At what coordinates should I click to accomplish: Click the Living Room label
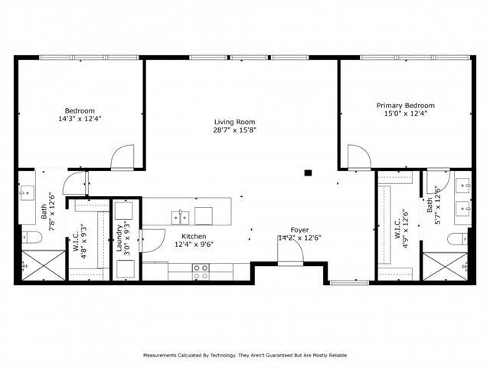pos(234,121)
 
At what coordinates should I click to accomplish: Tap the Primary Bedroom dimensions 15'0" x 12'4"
pos(405,114)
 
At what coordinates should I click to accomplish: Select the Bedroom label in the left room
pos(79,110)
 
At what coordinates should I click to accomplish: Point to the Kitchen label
pos(194,236)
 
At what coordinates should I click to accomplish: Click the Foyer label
pos(299,230)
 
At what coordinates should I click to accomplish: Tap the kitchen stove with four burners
pos(201,270)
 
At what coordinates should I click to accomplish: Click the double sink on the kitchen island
pos(181,215)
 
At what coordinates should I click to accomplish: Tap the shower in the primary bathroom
pos(445,265)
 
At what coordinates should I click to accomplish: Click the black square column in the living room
pos(307,172)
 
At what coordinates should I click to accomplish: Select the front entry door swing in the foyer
pos(289,254)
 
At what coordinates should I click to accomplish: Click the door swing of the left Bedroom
pos(122,158)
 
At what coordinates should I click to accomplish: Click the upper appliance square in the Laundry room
pos(126,210)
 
